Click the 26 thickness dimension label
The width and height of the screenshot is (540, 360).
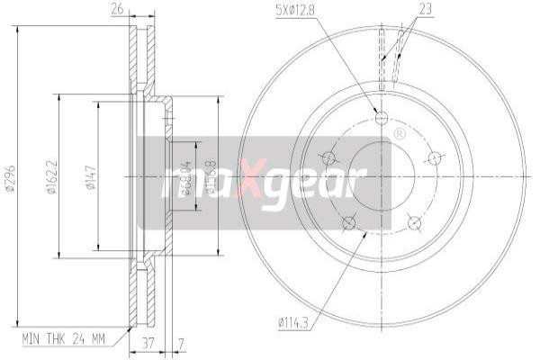[x=116, y=10]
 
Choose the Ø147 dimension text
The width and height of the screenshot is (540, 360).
[x=90, y=176]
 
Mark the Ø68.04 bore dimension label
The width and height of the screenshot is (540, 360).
[x=186, y=176]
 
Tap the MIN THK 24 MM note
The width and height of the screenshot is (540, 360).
[x=62, y=340]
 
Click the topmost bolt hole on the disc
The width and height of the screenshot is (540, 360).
[x=381, y=118]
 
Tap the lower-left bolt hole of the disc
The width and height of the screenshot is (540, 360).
[x=349, y=222]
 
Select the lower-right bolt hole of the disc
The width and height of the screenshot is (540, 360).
[x=414, y=222]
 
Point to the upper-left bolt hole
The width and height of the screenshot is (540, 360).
[x=328, y=158]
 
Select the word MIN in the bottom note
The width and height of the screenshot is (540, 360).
[x=31, y=340]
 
